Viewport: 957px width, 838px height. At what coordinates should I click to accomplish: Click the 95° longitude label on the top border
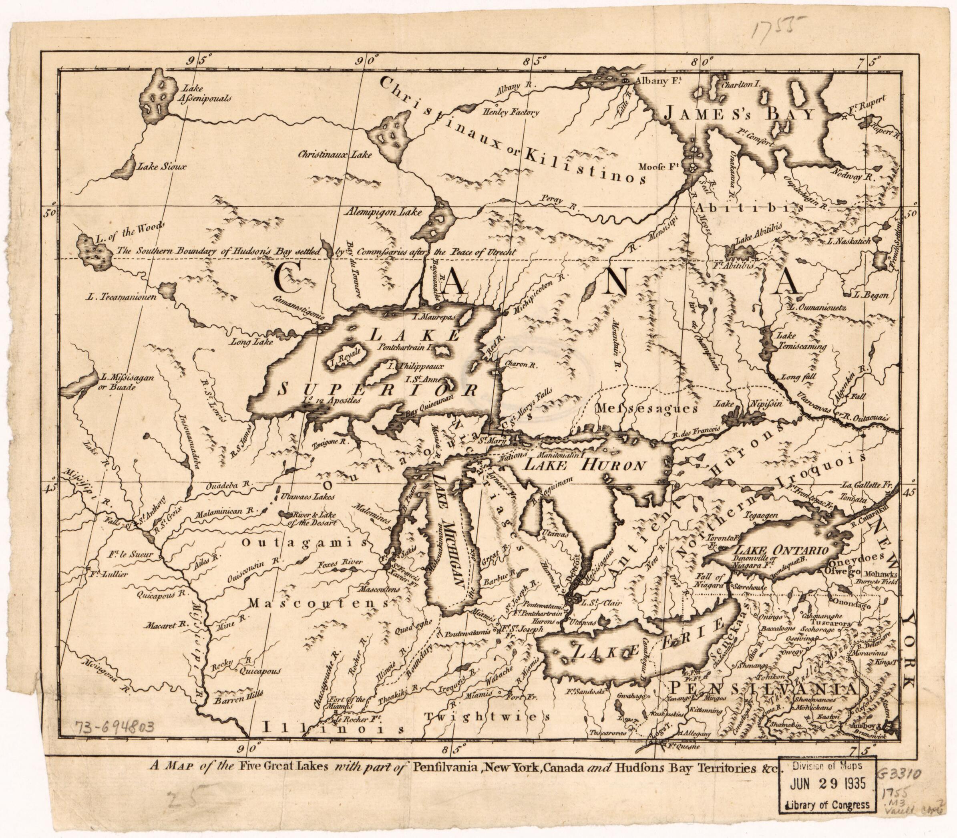198,61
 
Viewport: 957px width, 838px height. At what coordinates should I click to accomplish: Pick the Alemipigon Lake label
383,212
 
